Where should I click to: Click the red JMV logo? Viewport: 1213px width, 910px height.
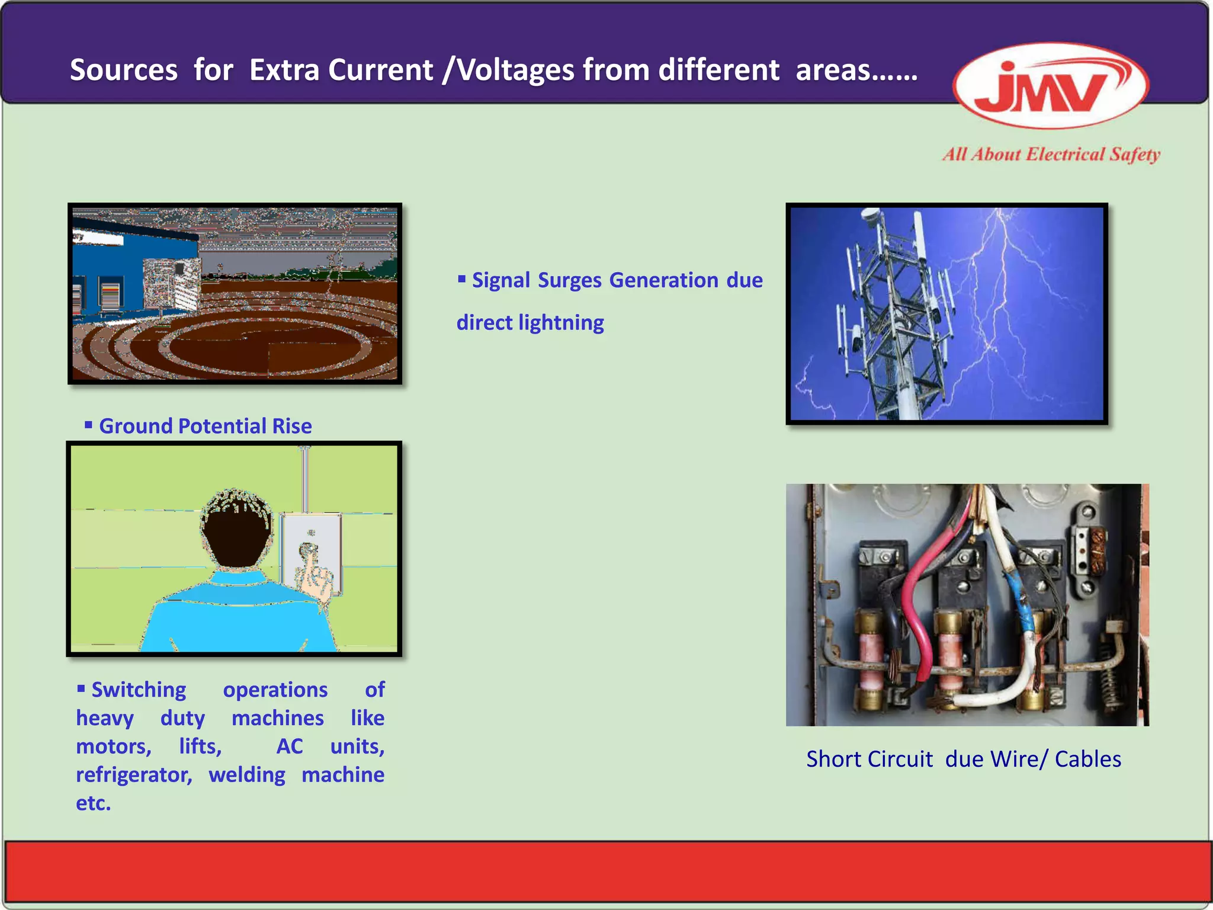pos(1050,86)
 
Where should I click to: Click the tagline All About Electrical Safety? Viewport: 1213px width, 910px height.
pos(1051,155)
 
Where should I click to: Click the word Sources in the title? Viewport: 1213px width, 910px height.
pos(124,70)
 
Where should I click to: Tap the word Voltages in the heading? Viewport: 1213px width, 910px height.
pos(515,70)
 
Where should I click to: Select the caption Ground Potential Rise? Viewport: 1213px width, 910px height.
pos(205,426)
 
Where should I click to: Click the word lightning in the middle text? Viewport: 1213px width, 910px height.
pos(561,323)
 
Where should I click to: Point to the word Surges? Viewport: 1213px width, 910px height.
pos(569,280)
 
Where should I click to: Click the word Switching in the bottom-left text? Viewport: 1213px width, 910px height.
pos(139,690)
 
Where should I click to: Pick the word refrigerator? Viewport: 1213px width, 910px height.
pos(134,775)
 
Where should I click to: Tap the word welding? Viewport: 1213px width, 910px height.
pos(247,775)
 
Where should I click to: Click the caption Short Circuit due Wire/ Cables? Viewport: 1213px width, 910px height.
pos(964,759)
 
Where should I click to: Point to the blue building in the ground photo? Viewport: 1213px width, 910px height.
pos(113,267)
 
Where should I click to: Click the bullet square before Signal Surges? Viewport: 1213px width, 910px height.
pos(462,278)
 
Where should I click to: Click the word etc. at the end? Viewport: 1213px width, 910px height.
pos(93,803)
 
